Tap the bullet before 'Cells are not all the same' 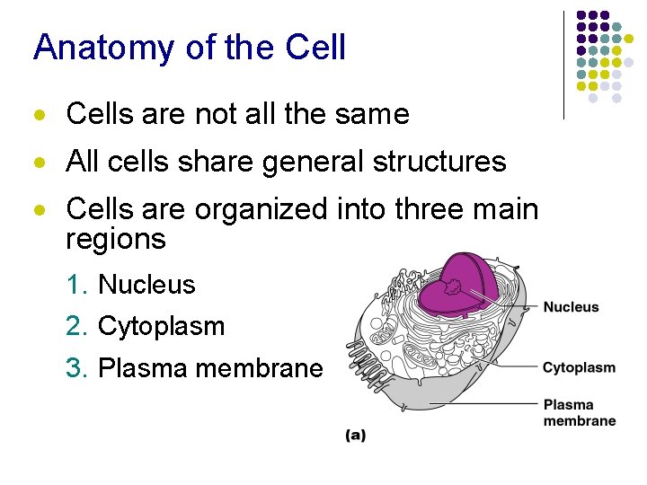(x=39, y=116)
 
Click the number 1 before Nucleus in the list (x=75, y=285)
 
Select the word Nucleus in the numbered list (x=146, y=285)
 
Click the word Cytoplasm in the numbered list (x=161, y=326)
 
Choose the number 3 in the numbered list (x=75, y=368)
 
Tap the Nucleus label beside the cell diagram (x=571, y=307)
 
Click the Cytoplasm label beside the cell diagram (x=579, y=367)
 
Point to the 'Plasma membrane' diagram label (x=579, y=412)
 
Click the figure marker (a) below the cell (x=356, y=436)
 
